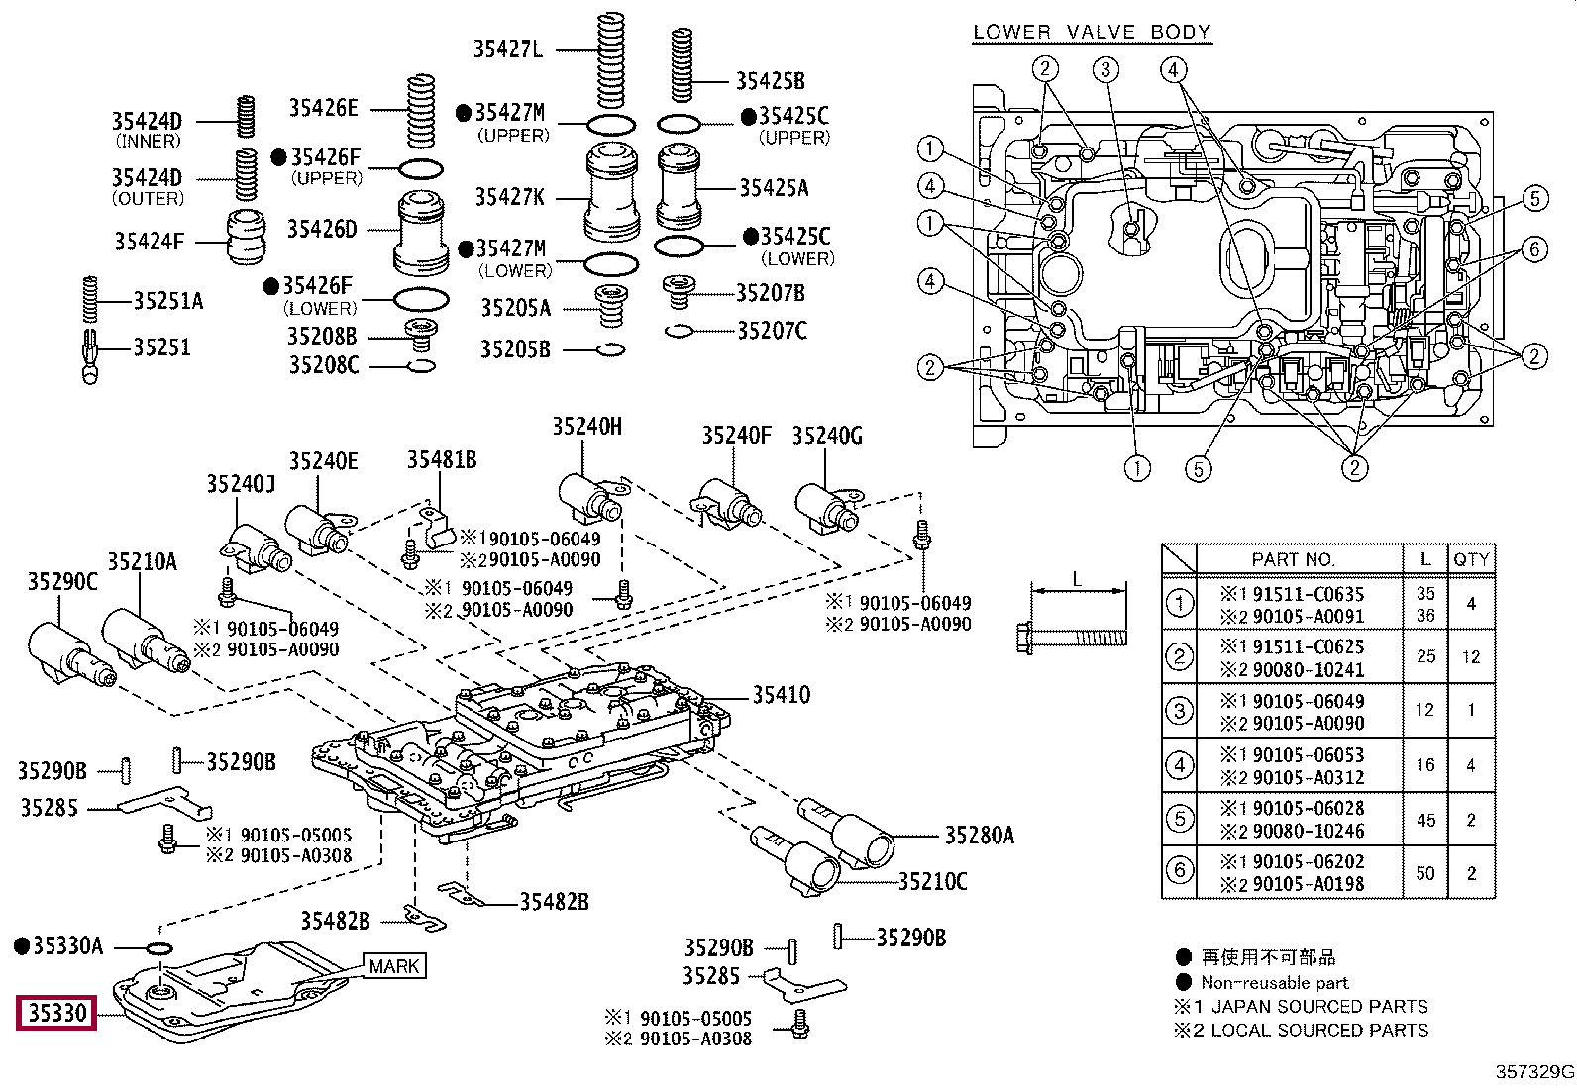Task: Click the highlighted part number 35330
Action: [x=56, y=1014]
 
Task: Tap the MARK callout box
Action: [x=394, y=965]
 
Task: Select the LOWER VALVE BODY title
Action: [x=1092, y=32]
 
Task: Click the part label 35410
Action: [x=781, y=695]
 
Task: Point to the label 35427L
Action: [x=508, y=49]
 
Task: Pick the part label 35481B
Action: [x=442, y=459]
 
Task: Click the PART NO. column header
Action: [x=1293, y=559]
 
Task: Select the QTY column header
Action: [x=1471, y=559]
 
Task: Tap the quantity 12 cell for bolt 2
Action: [x=1471, y=656]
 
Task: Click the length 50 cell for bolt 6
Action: [x=1425, y=872]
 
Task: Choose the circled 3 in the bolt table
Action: [x=1179, y=711]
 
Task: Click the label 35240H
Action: [x=587, y=427]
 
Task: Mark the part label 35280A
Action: [x=979, y=836]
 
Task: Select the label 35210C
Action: [x=932, y=881]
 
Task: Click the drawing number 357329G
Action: [x=1534, y=1072]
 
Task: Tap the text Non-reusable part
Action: [x=1274, y=983]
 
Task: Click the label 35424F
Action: [x=149, y=241]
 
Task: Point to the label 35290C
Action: [x=62, y=582]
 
